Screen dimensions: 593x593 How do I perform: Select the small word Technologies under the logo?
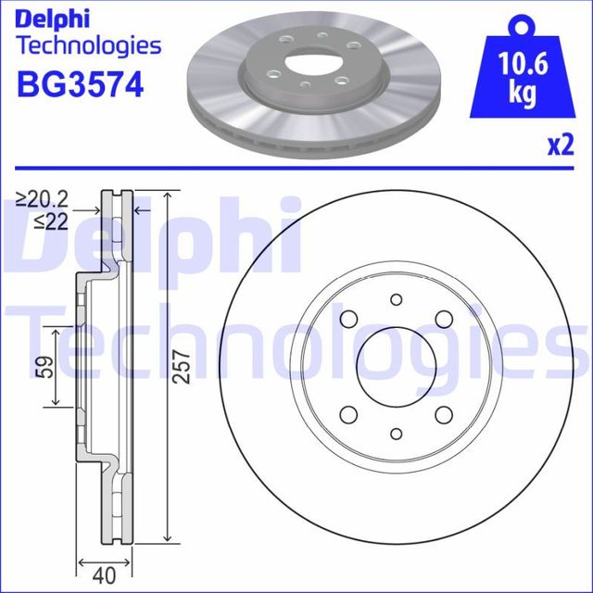pyautogui.click(x=89, y=45)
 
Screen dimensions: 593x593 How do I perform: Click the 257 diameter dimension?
pyautogui.click(x=182, y=368)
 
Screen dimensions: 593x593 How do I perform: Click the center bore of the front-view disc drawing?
pyautogui.click(x=396, y=366)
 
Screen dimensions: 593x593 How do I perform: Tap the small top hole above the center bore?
pyautogui.click(x=396, y=299)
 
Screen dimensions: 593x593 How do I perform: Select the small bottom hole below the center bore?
pyautogui.click(x=396, y=433)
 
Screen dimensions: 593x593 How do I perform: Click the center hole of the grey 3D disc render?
pyautogui.click(x=306, y=63)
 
